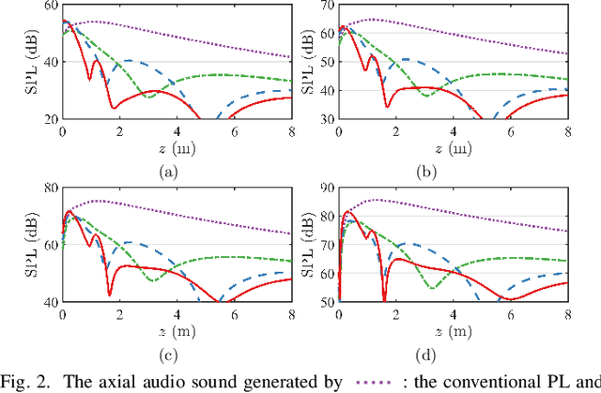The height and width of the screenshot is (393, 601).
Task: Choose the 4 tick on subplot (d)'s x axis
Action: click(455, 313)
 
